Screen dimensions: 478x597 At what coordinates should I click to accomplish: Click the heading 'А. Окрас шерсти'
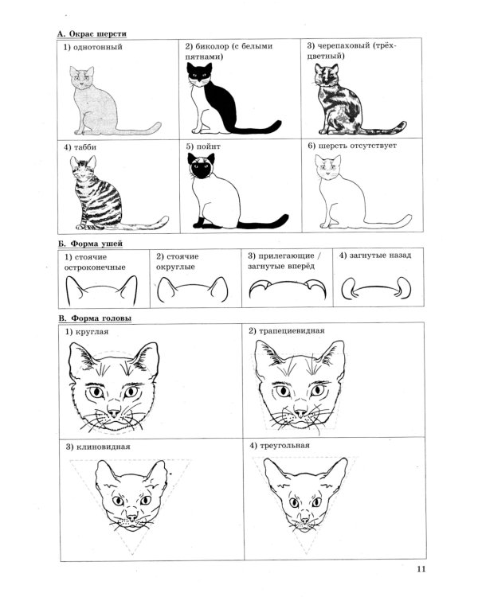[92, 34]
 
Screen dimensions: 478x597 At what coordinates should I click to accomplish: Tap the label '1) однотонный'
[92, 47]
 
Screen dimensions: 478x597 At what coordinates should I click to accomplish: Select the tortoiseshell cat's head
[327, 75]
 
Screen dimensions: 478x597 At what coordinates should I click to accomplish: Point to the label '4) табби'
[80, 147]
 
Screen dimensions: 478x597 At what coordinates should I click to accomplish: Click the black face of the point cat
[202, 170]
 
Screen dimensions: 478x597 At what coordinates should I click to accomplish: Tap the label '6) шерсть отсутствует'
[352, 146]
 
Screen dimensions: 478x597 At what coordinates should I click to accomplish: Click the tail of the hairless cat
[388, 223]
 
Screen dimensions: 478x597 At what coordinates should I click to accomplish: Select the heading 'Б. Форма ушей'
[90, 244]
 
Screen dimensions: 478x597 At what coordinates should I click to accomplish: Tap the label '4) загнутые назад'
[375, 256]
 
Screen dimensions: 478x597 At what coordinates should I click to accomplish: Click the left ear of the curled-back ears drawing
[348, 288]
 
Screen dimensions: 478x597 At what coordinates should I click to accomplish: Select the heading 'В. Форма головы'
[95, 318]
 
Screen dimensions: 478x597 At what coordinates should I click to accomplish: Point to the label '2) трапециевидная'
[286, 331]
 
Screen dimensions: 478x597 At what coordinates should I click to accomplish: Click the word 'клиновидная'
[104, 447]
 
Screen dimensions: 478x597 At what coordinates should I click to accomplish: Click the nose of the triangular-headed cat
[304, 519]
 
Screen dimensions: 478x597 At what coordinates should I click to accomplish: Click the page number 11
[421, 569]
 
